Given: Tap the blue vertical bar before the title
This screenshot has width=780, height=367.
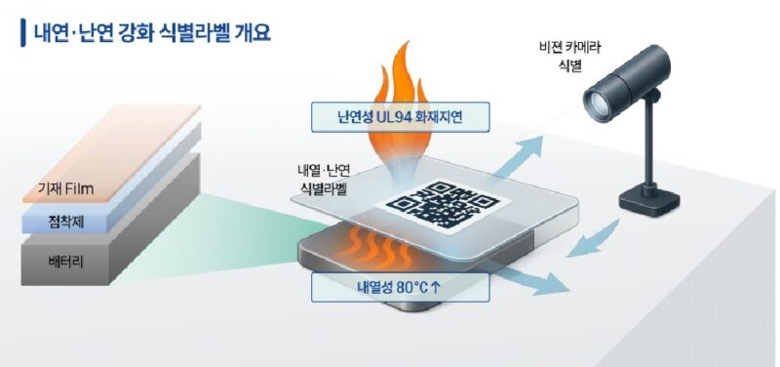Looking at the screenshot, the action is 22,32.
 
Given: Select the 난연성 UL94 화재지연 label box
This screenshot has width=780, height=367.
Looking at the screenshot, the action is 400,117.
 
